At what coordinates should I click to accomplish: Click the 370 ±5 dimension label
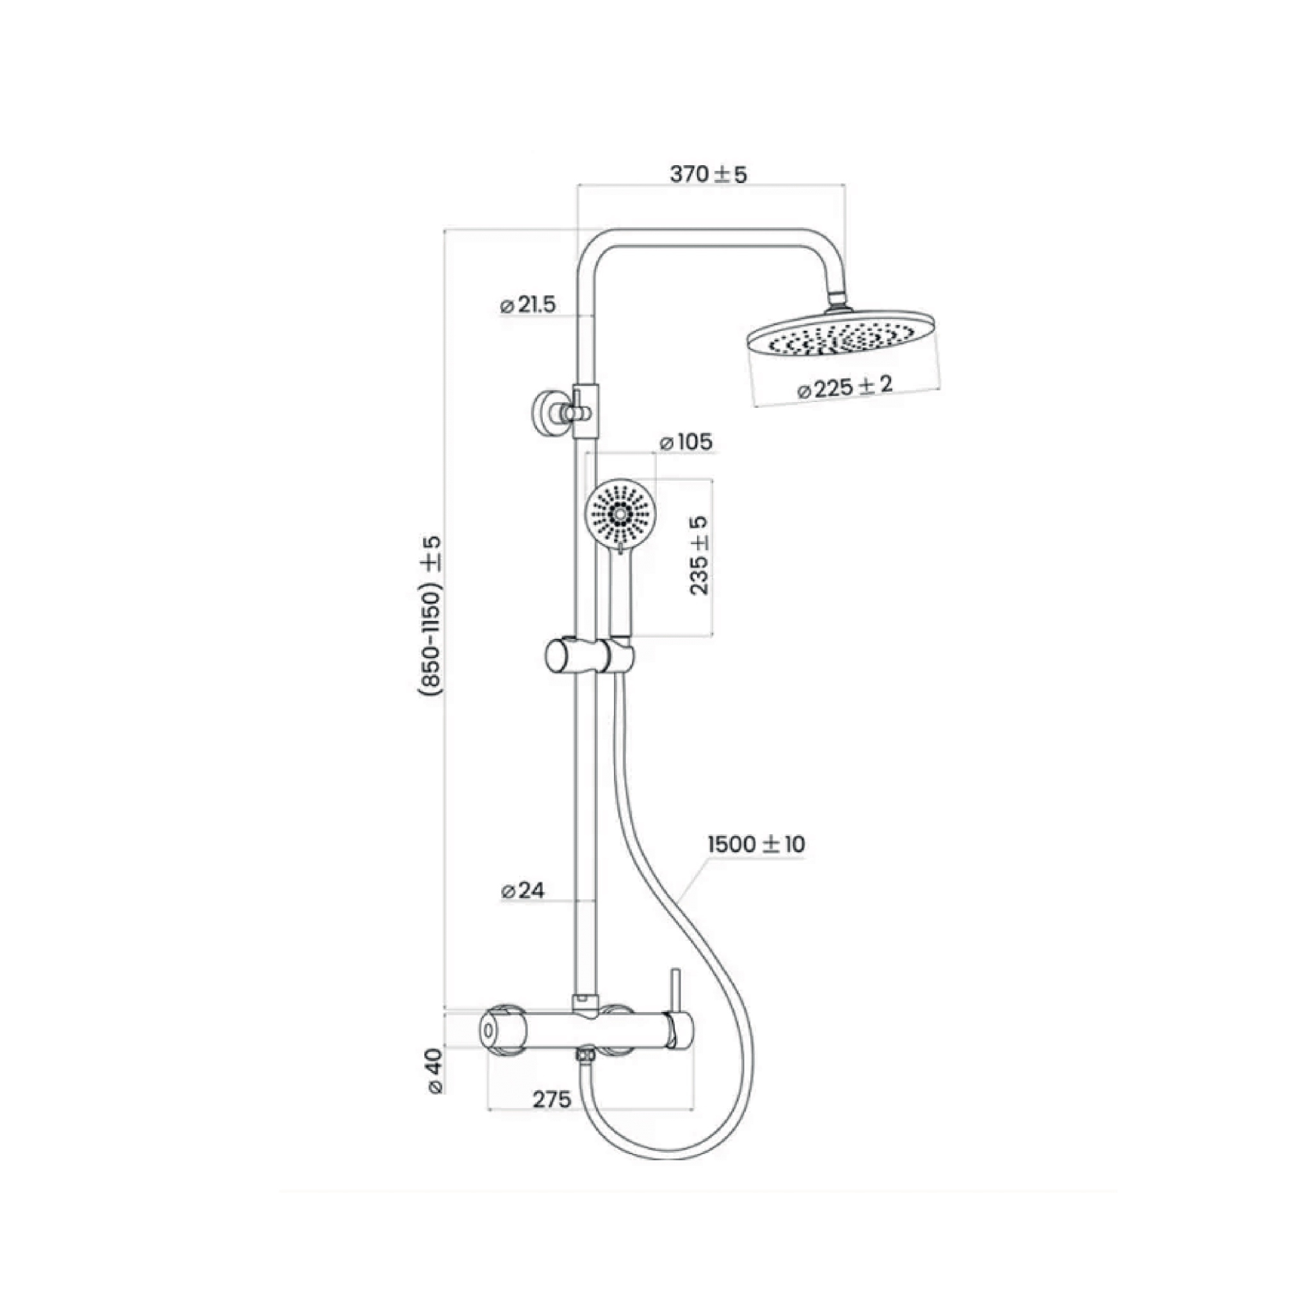[708, 174]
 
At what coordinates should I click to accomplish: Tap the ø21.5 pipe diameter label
[528, 305]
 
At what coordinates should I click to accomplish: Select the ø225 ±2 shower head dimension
[845, 387]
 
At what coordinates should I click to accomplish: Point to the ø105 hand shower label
[686, 442]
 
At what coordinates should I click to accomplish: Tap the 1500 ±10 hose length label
[756, 844]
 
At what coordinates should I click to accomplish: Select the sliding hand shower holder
[589, 656]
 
